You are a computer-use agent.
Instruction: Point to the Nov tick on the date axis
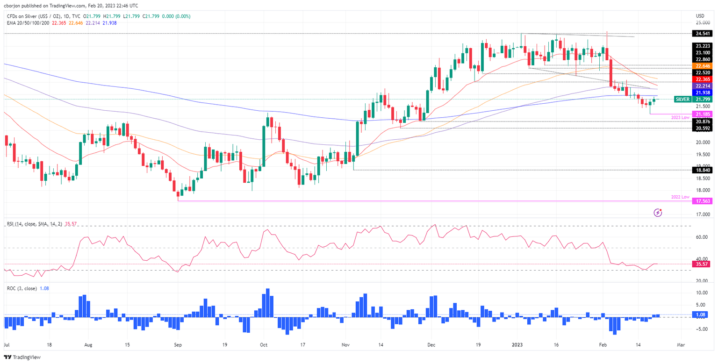(x=345, y=345)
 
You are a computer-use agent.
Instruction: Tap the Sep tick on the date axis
(x=178, y=345)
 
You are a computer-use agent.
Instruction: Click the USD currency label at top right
(x=700, y=15)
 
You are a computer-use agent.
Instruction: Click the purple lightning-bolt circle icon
(x=658, y=213)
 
